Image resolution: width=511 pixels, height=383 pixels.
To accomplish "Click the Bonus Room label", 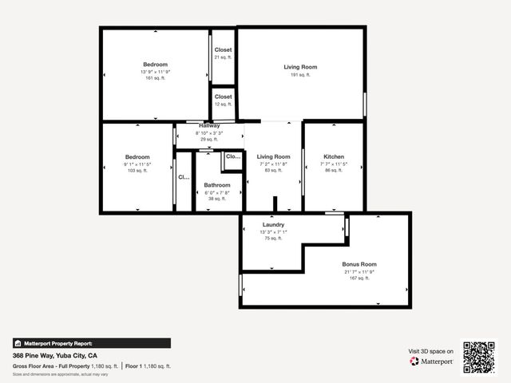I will pos(358,264).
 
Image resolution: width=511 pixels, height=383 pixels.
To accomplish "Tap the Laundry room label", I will pos(274,224).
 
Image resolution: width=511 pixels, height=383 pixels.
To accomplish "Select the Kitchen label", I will pos(334,156).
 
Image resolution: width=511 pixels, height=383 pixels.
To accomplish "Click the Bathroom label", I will pos(216,185).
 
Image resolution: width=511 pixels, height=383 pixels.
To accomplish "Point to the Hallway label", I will pos(209,125).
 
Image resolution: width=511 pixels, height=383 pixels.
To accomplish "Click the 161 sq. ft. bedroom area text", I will pos(155,78).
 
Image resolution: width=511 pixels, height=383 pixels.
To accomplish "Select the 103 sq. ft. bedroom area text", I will pos(137,171).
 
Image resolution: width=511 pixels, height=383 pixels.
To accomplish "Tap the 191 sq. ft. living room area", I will pos(300,74).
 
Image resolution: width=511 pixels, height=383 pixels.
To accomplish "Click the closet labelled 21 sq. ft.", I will pos(223,57).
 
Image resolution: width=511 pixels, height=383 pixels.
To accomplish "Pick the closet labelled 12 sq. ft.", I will pos(223,104).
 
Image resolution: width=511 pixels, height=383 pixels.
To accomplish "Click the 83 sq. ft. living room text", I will pos(274,170).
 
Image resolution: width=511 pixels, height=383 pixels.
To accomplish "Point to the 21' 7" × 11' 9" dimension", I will pos(358,271).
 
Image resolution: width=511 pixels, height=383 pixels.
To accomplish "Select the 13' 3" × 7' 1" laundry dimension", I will pos(274,231).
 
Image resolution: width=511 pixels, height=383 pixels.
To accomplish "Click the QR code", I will pos(479,357).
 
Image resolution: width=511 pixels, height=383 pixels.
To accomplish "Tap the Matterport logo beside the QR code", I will pos(432,361).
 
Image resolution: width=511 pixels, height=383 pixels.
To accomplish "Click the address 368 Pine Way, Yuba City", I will pos(55,355).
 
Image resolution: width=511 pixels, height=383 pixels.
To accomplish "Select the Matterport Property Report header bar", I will pos(91,343).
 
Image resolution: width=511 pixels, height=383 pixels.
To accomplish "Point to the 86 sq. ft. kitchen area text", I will pos(334,170).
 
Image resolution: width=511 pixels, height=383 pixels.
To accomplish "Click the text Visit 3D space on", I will pos(431,351).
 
